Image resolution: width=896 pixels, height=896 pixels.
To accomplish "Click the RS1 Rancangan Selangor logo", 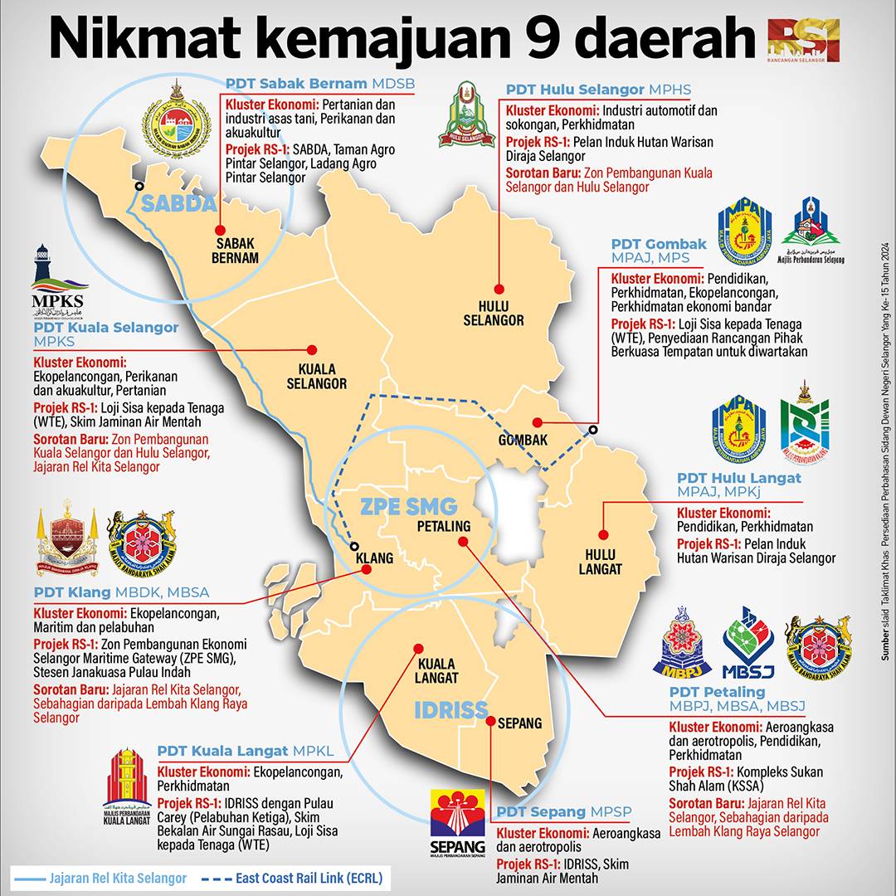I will tap(803, 39).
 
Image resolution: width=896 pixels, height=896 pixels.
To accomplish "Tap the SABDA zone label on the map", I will tap(178, 204).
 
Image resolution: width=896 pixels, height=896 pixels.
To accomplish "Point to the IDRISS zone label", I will tap(451, 710).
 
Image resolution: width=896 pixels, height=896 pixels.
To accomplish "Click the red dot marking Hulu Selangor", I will tap(499, 289).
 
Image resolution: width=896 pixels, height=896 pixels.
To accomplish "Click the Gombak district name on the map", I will tap(523, 441).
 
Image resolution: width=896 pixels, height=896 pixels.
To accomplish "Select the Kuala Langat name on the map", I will tap(437, 670).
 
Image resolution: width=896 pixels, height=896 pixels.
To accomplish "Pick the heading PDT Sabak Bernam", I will tap(296, 84).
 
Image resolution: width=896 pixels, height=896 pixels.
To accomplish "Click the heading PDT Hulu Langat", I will tap(738, 478).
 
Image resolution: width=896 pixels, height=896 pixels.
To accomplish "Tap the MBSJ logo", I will tap(747, 642).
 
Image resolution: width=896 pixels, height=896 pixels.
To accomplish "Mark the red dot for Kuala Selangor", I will tap(312, 350).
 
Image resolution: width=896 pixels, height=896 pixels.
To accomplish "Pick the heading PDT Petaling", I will tap(717, 692).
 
